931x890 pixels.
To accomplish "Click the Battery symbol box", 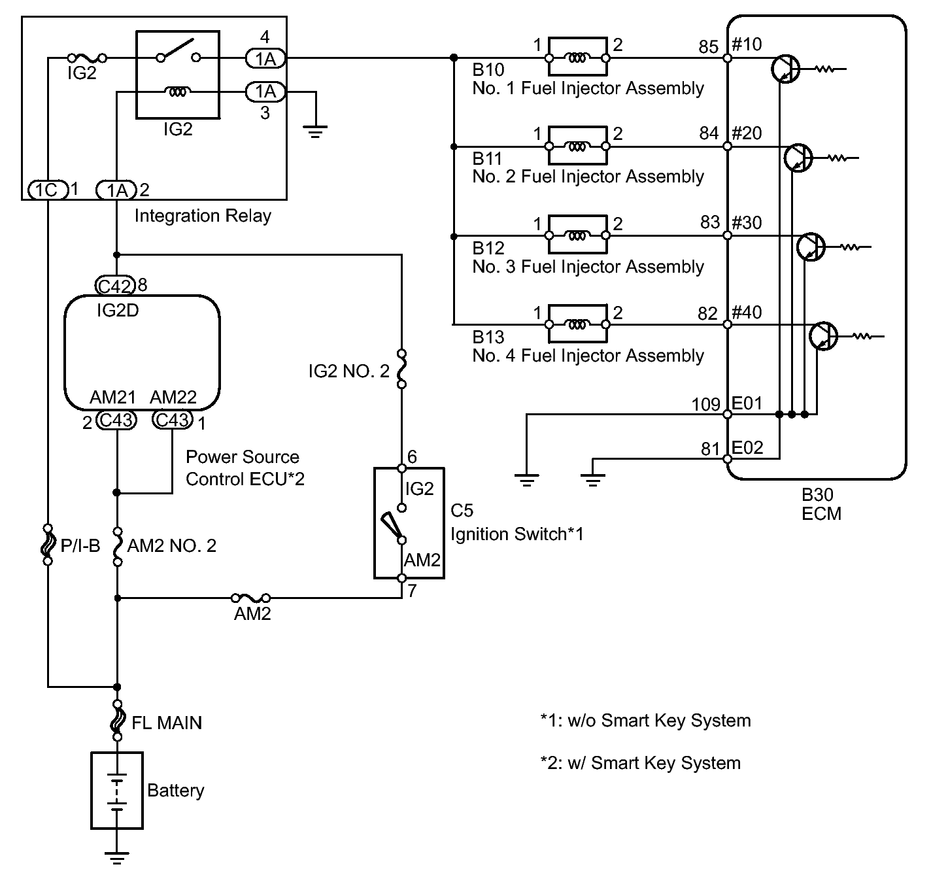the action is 117,790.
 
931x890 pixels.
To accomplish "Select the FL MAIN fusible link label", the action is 167,723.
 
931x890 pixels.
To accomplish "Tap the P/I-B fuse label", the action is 80,545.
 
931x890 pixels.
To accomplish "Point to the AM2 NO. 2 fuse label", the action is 172,545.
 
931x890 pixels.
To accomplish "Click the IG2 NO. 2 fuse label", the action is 348,371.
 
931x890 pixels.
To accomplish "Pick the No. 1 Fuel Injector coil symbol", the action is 577,58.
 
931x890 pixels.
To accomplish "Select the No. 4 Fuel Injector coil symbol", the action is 577,325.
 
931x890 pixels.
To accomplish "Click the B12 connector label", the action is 488,248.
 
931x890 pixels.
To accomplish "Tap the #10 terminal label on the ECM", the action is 747,44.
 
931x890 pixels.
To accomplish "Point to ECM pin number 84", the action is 709,133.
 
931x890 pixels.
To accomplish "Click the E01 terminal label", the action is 747,403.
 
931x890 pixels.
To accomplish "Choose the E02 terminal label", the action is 747,448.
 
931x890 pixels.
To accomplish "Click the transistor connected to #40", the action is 823,336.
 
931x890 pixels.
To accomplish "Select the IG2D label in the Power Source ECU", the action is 118,311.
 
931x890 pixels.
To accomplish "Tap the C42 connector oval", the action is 115,286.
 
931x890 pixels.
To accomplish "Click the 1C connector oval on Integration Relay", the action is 47,190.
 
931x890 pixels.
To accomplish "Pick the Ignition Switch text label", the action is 517,534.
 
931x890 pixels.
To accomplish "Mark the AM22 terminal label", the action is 173,397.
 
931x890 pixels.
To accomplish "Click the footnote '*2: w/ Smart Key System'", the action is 641,762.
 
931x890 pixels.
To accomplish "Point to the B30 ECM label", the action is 821,504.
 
